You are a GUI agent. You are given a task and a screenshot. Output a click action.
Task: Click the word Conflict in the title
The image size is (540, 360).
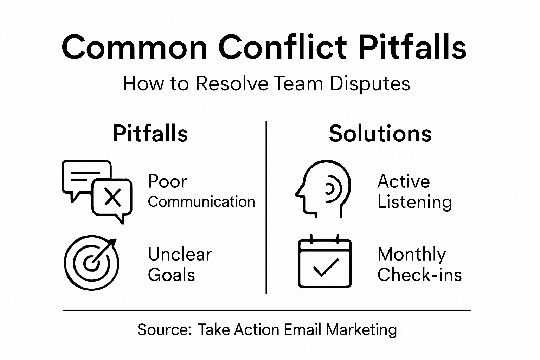point(282,47)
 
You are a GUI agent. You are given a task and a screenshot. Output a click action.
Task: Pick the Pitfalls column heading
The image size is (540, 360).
point(150,134)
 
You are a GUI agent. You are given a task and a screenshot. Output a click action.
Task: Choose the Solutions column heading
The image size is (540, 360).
point(380,134)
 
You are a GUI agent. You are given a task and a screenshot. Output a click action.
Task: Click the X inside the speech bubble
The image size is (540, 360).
point(113,197)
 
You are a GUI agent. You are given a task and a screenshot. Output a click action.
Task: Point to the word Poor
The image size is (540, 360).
point(167,182)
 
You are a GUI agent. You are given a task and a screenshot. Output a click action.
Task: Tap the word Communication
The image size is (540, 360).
point(201,202)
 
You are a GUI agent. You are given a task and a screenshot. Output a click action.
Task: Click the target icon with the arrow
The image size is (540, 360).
point(91,262)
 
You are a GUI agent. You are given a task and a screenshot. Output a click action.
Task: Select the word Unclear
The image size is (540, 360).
point(180,254)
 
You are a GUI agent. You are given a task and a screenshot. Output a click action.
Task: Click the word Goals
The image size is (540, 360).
point(171,275)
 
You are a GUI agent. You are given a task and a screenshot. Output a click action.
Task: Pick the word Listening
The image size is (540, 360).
point(414,202)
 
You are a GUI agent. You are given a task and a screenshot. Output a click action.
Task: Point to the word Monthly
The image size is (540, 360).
point(411,255)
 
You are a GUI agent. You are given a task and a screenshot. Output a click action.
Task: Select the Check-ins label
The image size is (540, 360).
point(419,275)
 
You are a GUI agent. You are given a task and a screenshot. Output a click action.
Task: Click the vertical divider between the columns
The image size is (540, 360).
point(266,207)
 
